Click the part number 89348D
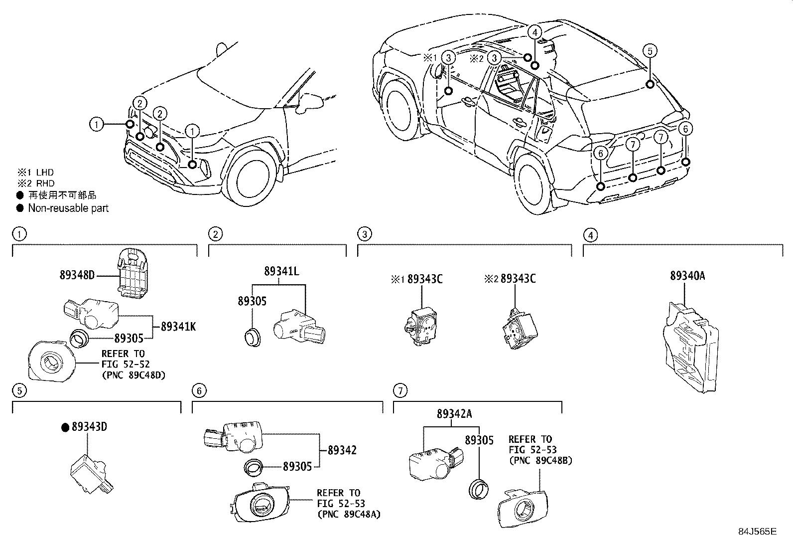(x=77, y=275)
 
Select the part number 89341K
(x=178, y=327)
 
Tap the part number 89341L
(x=281, y=271)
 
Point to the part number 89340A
(x=687, y=276)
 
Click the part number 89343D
(x=89, y=427)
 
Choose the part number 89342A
(x=454, y=414)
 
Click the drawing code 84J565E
(x=757, y=532)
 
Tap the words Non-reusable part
(x=68, y=208)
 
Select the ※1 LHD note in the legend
(x=35, y=173)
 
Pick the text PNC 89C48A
(x=349, y=514)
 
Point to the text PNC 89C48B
(x=540, y=460)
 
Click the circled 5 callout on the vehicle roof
(x=650, y=51)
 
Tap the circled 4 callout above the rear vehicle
(x=534, y=32)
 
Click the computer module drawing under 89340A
(x=690, y=347)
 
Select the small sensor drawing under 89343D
(x=92, y=474)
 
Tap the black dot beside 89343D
(x=65, y=427)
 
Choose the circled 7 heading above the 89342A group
(x=400, y=390)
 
